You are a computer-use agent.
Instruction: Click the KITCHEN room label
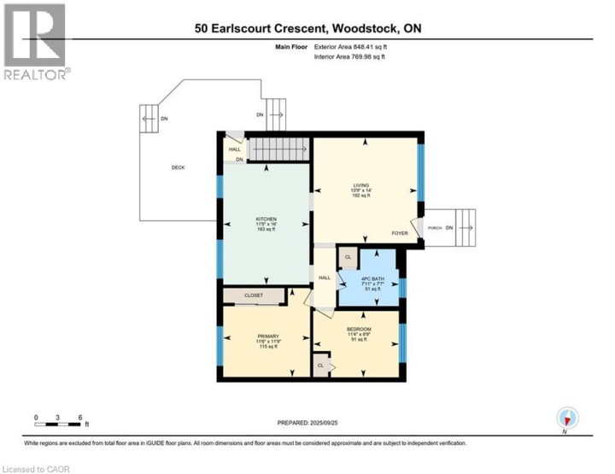click(265, 219)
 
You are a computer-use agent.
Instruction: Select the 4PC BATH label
click(370, 280)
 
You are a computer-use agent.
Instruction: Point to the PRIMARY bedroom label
click(268, 336)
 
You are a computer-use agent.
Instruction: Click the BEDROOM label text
click(358, 330)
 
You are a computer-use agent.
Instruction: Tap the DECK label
click(178, 167)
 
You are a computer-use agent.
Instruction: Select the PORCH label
click(433, 227)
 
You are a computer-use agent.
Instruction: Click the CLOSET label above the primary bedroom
click(253, 296)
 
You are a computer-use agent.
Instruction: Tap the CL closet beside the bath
click(348, 256)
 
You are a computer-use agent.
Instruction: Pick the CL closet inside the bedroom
click(321, 364)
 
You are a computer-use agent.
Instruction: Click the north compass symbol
click(568, 418)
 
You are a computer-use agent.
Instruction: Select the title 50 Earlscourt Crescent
click(307, 29)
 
